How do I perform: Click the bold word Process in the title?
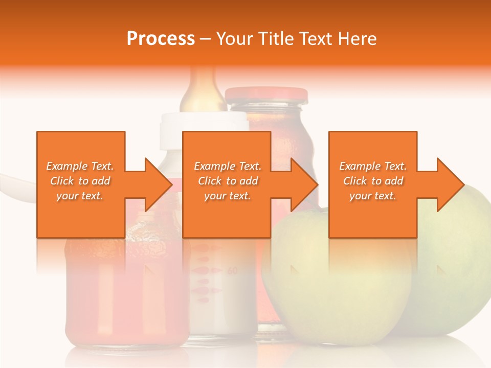tap(161, 39)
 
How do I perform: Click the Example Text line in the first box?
tap(80, 166)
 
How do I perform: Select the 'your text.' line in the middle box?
tap(227, 196)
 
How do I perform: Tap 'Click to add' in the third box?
tap(373, 181)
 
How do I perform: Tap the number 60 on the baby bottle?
tap(232, 271)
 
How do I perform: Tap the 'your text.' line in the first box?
tap(80, 196)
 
